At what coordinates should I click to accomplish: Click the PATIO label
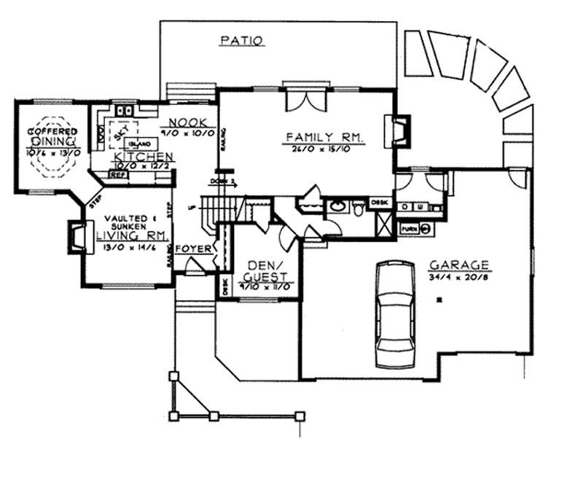click(240, 42)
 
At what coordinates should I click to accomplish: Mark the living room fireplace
click(76, 237)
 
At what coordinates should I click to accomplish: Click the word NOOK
click(187, 122)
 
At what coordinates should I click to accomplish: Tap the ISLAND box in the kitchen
click(137, 143)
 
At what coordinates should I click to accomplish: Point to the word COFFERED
click(52, 131)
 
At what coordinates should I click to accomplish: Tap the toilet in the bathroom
click(358, 209)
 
